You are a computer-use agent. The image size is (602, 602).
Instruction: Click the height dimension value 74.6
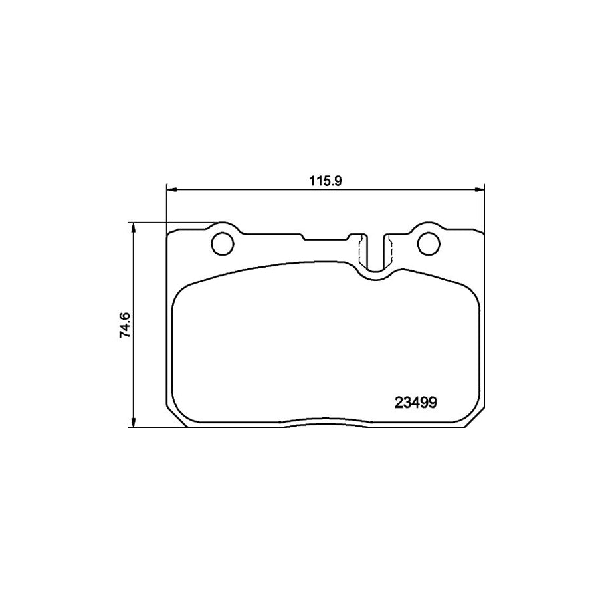tap(124, 325)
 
